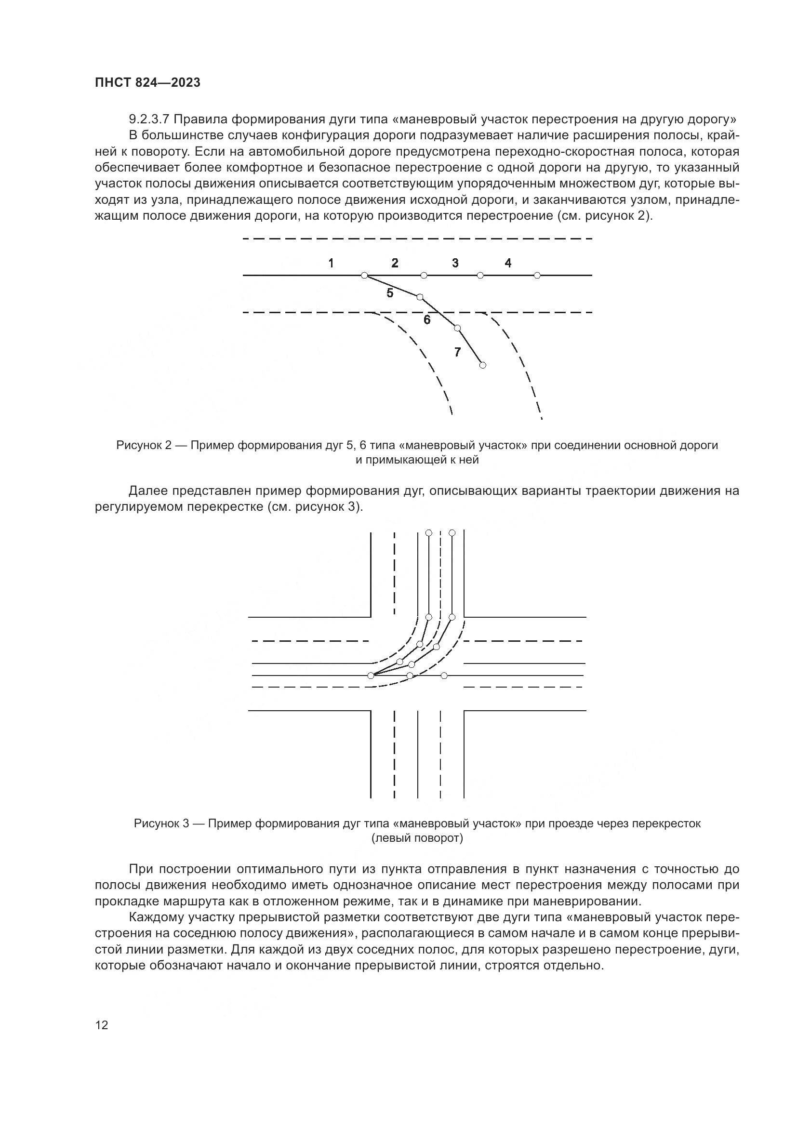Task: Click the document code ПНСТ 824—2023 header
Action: click(x=148, y=83)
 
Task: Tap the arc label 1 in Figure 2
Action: click(x=331, y=263)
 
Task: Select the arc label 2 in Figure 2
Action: click(x=395, y=263)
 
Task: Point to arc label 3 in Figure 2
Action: click(x=455, y=263)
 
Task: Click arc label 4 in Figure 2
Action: click(x=508, y=263)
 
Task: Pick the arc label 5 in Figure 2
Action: click(x=390, y=293)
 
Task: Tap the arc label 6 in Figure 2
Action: click(x=427, y=320)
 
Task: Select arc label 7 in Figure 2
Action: click(x=457, y=352)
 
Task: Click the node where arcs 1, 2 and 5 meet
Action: click(x=364, y=276)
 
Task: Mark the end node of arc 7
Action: click(x=482, y=365)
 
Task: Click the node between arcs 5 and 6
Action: click(x=419, y=297)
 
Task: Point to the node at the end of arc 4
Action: click(x=537, y=276)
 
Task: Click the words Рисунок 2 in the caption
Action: click(x=144, y=445)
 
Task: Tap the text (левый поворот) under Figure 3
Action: click(x=417, y=838)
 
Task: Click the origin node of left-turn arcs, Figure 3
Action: click(x=371, y=676)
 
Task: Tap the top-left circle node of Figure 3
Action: click(x=428, y=532)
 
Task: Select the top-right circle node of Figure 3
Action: click(x=452, y=532)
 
